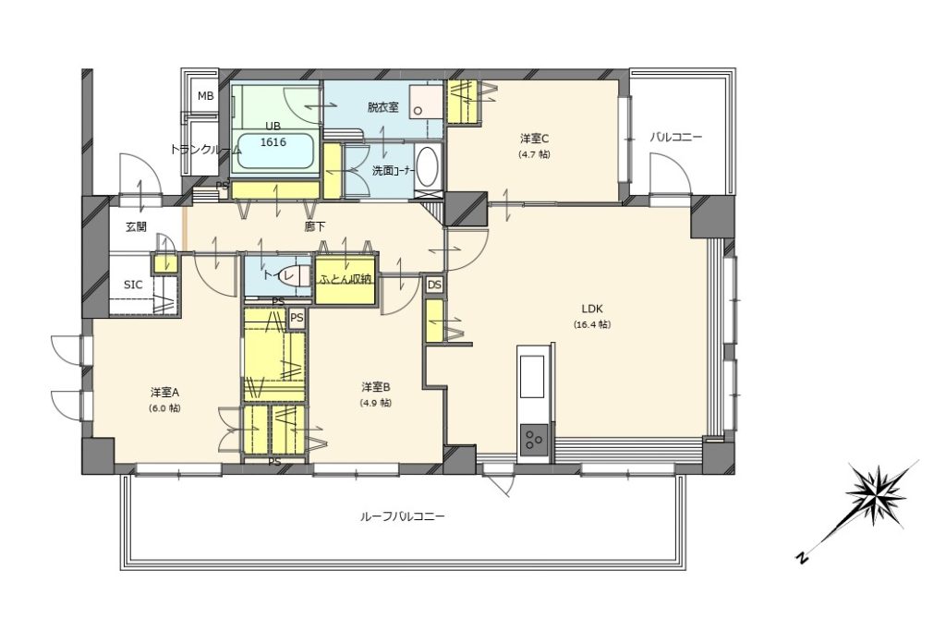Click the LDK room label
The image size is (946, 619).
tap(592, 309)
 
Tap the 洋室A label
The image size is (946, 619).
tap(165, 393)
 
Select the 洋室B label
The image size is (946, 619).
tap(377, 387)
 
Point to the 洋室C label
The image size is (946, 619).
tap(534, 139)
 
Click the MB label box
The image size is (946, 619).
tap(206, 96)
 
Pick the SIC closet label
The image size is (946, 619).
tap(133, 285)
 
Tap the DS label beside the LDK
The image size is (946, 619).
tap(434, 285)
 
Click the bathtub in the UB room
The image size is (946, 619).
tap(275, 152)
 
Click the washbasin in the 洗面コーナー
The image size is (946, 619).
tap(427, 166)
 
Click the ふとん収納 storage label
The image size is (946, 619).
tap(346, 279)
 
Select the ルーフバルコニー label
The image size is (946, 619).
tap(402, 517)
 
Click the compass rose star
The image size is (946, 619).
tap(879, 492)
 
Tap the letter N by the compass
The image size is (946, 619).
tap(801, 557)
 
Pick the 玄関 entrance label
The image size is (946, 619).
tap(137, 227)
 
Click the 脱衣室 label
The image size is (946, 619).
tap(383, 107)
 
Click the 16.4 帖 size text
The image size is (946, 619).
tap(592, 324)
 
